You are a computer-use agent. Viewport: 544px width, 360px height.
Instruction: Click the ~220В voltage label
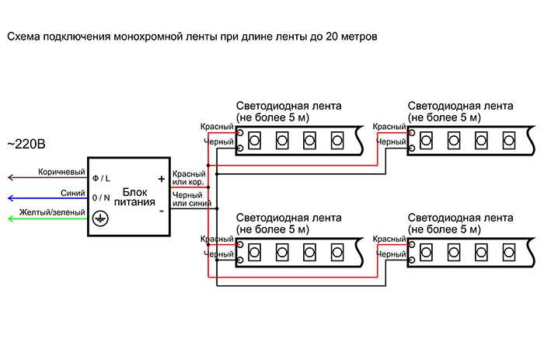(x=26, y=144)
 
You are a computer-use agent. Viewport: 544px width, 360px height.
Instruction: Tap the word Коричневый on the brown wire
(x=61, y=172)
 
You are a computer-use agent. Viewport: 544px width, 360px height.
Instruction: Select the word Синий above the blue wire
(x=73, y=193)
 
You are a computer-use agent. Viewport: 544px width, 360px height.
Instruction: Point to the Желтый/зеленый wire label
(x=52, y=212)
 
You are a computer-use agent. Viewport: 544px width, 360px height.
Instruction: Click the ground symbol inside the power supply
(x=100, y=218)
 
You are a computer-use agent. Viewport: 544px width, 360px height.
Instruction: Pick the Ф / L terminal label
(x=101, y=178)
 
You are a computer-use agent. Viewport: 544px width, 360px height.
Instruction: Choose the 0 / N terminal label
(x=101, y=197)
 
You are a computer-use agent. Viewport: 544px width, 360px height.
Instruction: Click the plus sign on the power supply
(x=162, y=179)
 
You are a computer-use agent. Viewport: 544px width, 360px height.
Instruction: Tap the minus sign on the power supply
(x=162, y=211)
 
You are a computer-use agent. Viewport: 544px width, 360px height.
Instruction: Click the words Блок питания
(x=134, y=197)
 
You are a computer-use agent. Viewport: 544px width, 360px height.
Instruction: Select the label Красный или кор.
(x=189, y=178)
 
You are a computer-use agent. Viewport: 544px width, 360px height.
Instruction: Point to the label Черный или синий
(x=191, y=199)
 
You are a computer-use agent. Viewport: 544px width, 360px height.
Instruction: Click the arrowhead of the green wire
(x=10, y=218)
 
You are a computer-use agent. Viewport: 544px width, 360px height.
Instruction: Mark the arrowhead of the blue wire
(x=10, y=198)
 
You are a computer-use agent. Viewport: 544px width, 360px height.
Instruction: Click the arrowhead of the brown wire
(x=10, y=178)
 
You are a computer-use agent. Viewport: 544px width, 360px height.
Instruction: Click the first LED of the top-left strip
(x=254, y=141)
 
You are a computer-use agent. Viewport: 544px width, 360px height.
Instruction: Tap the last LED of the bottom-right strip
(x=509, y=253)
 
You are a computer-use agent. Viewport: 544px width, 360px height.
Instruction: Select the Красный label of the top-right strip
(x=389, y=127)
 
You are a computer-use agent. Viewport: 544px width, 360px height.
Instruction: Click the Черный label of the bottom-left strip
(x=218, y=254)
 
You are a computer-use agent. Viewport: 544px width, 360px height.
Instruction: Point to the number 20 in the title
(x=331, y=37)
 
